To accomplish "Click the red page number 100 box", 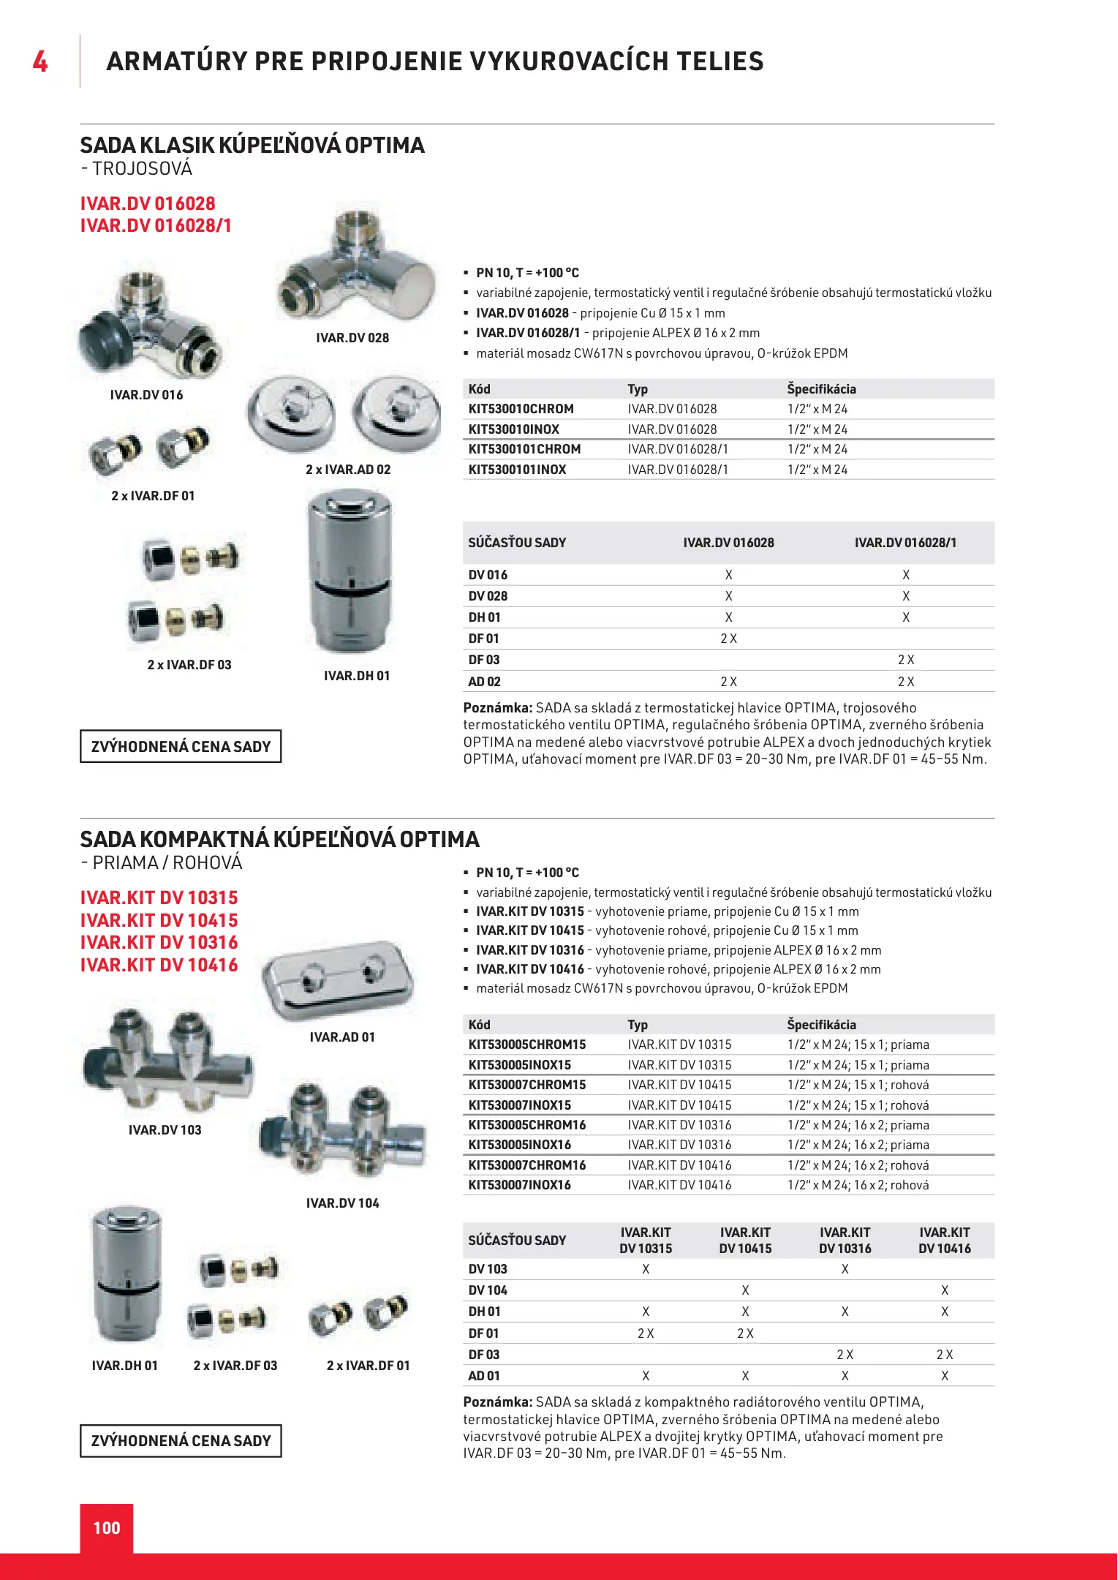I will (x=107, y=1527).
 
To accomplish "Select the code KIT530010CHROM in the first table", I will (x=521, y=409).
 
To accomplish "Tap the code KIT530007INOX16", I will (x=519, y=1185).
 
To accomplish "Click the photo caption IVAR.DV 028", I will (x=352, y=338).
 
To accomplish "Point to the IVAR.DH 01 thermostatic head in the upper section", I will (x=350, y=571).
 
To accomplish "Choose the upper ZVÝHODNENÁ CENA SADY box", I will (x=181, y=747).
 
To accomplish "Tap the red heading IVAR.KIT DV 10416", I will (x=159, y=966).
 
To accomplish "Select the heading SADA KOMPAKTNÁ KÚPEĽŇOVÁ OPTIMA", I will (x=279, y=839).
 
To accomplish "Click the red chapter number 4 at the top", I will (x=40, y=61).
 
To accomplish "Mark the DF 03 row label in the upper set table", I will (x=484, y=660).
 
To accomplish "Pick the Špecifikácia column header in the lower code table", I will (x=821, y=1025).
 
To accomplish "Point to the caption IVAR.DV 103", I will (x=165, y=1130).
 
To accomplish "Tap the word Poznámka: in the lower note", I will (x=498, y=1402).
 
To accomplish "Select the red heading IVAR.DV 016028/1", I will (x=156, y=225).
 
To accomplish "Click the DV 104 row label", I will (x=488, y=1290).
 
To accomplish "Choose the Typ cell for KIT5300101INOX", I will (x=678, y=470).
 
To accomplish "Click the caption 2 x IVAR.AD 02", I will (x=348, y=470).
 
